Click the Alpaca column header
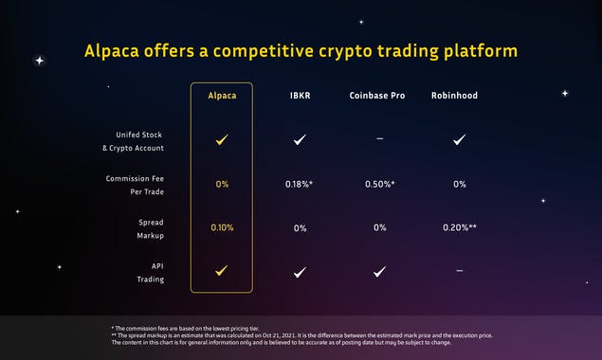[x=221, y=95]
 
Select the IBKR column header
[x=300, y=95]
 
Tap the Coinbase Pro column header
[x=379, y=95]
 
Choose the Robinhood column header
[x=459, y=95]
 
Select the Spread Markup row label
[x=138, y=227]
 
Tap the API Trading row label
[x=138, y=272]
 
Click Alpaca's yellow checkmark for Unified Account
[x=221, y=139]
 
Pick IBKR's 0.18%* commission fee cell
[x=300, y=184]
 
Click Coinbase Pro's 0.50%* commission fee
[x=379, y=184]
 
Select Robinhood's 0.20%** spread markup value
[x=459, y=227]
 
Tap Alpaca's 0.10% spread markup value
[x=221, y=227]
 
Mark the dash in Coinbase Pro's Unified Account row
[x=379, y=139]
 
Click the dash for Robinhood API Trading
[x=459, y=271]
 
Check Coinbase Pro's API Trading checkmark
[x=379, y=272]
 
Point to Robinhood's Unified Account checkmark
[x=459, y=139]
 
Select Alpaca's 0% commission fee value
[x=221, y=184]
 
